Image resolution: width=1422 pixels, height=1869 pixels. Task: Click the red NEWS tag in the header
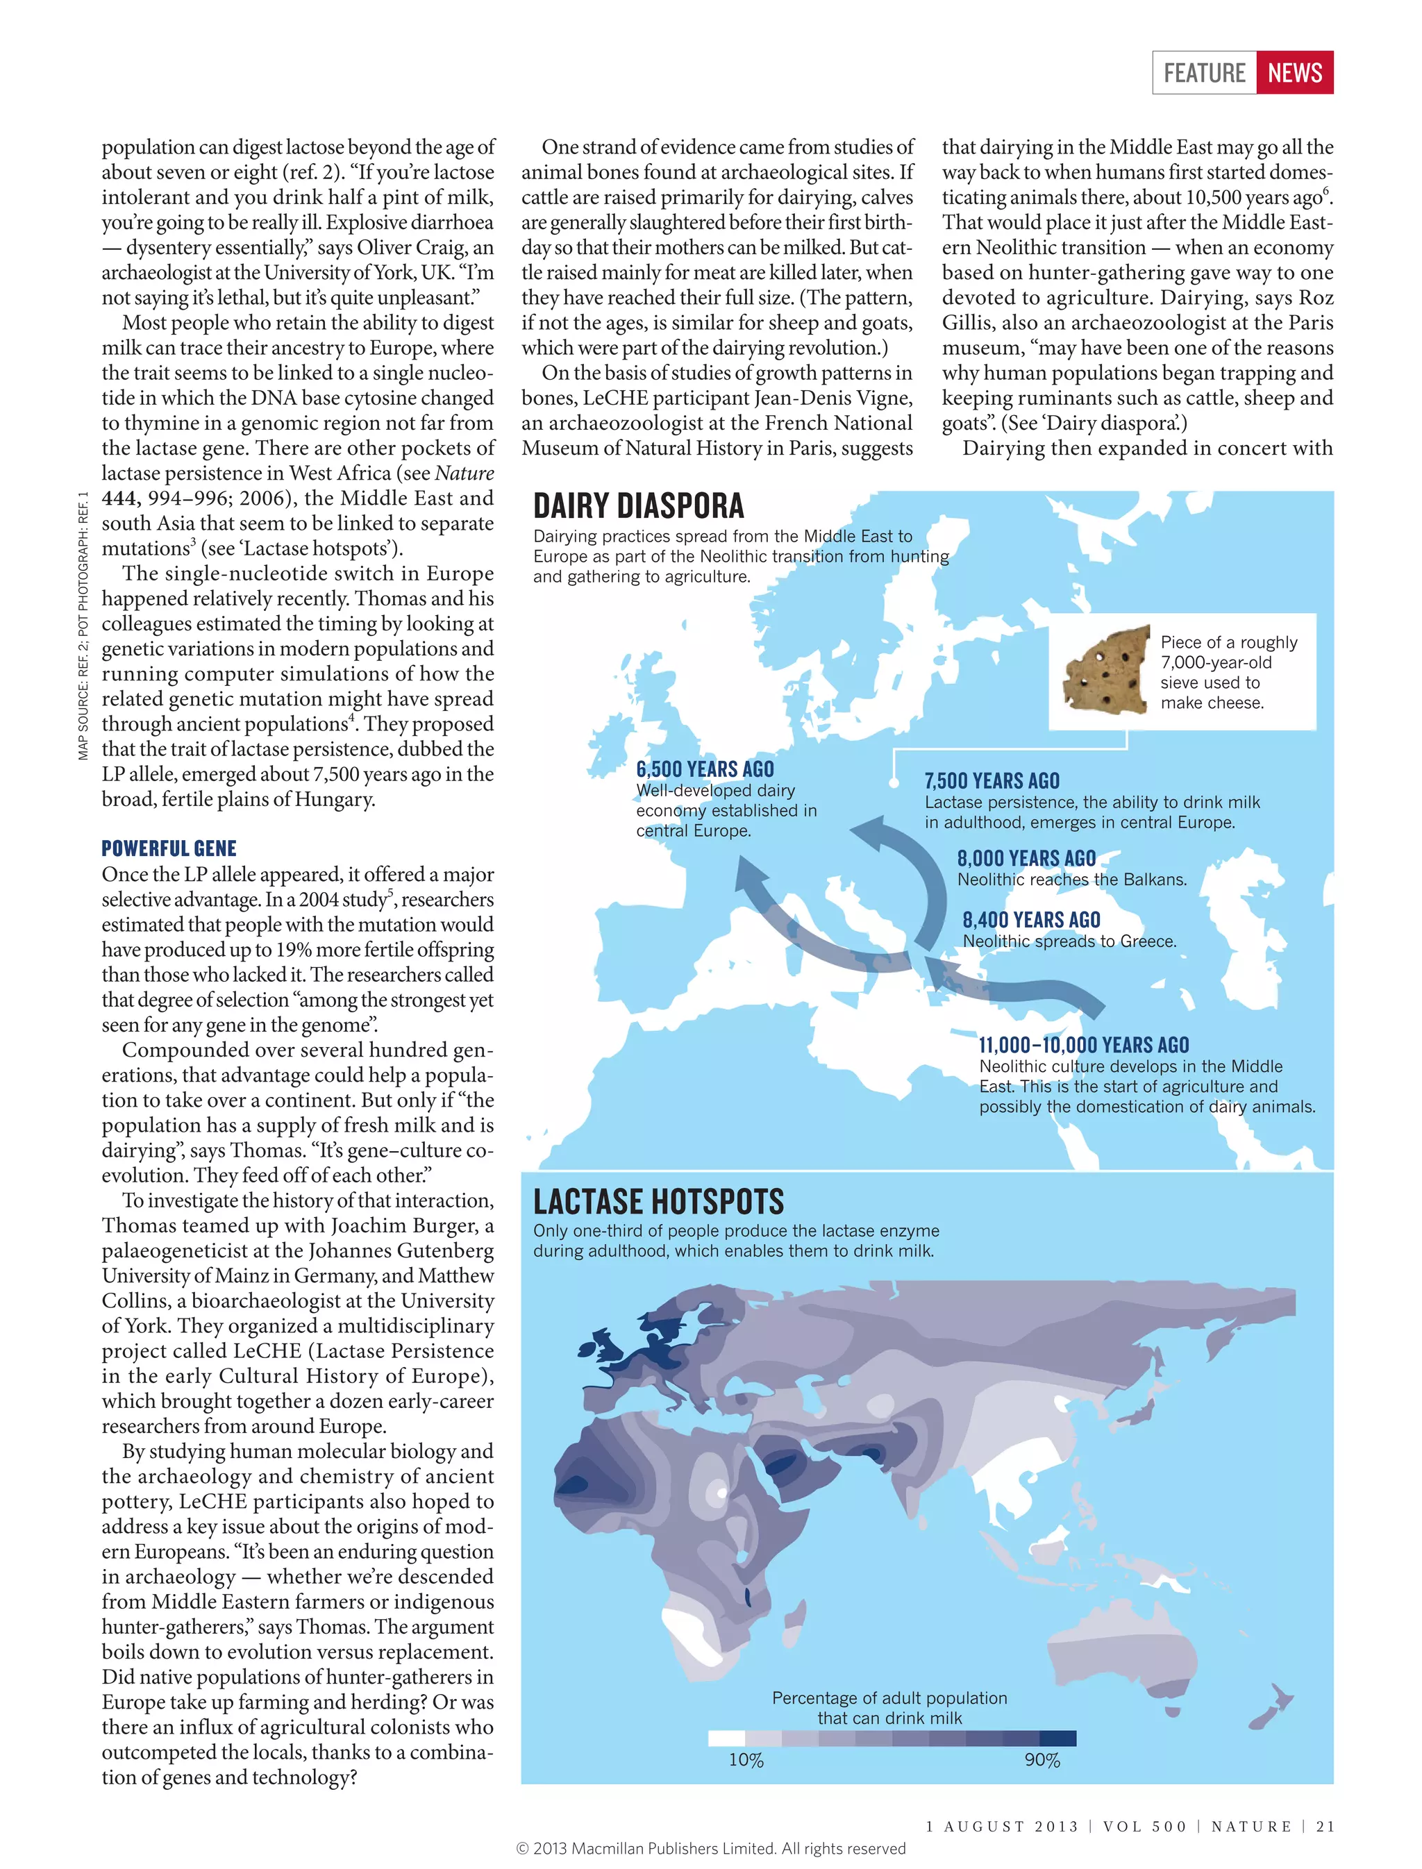click(1294, 73)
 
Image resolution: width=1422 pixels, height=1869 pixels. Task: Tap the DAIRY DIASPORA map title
click(638, 506)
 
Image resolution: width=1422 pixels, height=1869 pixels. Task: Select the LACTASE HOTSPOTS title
click(658, 1201)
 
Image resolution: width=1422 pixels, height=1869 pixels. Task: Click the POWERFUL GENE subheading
click(169, 848)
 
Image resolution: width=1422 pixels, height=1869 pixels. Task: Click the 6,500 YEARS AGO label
click(704, 769)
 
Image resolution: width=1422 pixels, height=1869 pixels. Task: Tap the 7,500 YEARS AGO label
click(992, 780)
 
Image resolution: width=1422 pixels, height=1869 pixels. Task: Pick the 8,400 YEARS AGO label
click(1031, 919)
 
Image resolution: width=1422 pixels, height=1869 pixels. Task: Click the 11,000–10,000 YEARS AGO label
click(1083, 1044)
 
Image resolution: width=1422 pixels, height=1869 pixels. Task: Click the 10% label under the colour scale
click(746, 1760)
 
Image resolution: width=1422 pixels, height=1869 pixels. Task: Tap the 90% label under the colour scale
click(1042, 1760)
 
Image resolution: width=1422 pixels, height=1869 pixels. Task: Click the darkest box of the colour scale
click(1057, 1738)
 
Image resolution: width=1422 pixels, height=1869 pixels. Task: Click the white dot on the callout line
click(893, 783)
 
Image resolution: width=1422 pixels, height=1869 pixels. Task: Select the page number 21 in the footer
click(1325, 1827)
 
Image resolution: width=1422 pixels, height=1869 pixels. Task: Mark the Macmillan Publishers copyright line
click(710, 1849)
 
